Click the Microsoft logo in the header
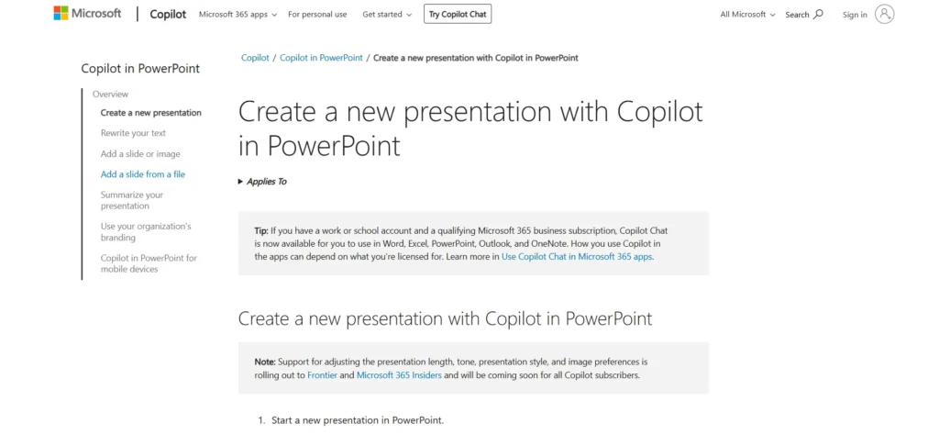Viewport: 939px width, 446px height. (87, 14)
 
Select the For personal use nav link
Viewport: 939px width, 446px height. (317, 15)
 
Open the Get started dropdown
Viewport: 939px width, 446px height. (387, 15)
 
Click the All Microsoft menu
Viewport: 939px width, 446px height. (747, 15)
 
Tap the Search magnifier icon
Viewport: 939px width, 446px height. (818, 14)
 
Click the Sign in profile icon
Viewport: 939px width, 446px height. (884, 14)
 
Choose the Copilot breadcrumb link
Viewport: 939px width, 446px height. (255, 58)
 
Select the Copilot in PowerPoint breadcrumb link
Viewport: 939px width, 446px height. (321, 58)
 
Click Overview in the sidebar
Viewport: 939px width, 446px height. (110, 94)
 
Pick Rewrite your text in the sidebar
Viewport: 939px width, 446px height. (133, 133)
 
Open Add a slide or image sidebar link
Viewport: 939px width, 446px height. (140, 154)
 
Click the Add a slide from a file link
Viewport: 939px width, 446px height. (142, 174)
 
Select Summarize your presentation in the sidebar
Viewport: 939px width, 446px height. (131, 200)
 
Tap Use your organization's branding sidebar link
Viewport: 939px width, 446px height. (145, 231)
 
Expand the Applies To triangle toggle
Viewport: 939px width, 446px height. (241, 182)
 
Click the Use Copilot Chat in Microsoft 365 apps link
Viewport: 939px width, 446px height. (577, 257)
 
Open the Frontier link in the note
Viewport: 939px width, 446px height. (321, 375)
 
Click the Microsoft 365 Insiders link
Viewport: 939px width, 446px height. (399, 375)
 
